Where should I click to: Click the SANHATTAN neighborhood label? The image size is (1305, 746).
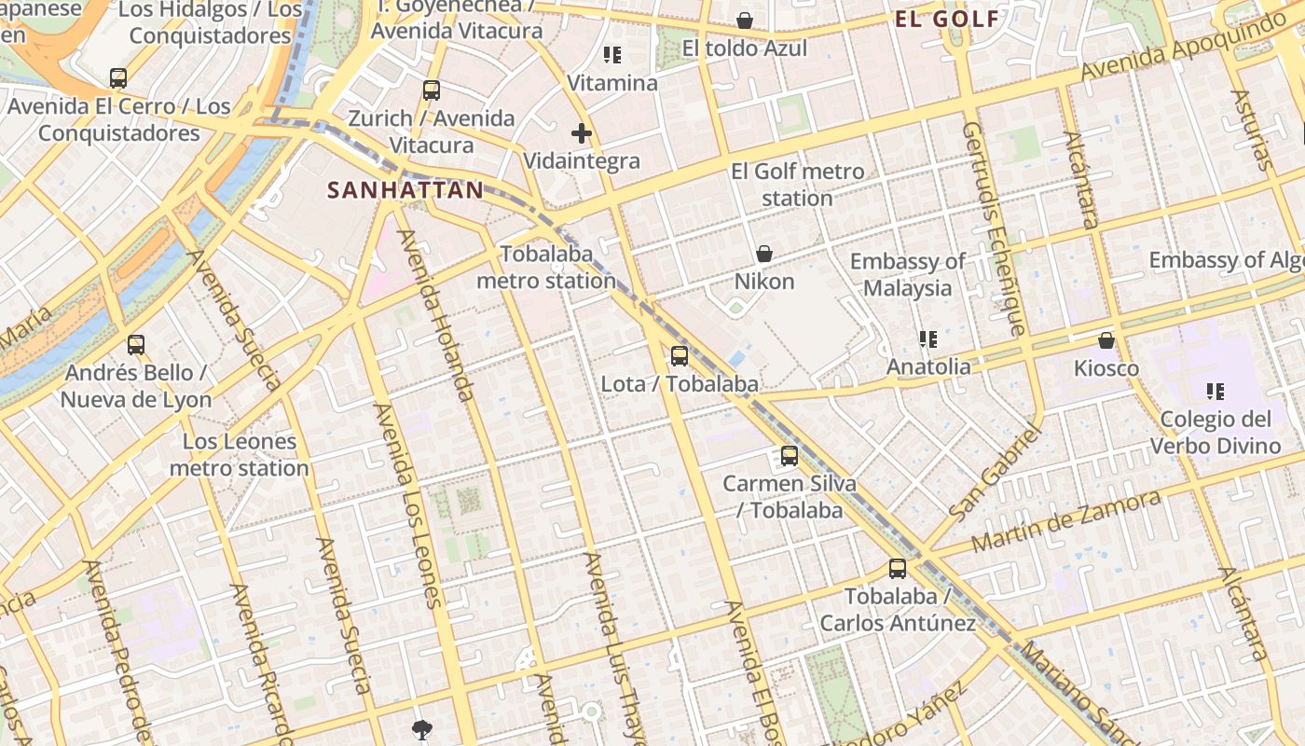click(x=405, y=191)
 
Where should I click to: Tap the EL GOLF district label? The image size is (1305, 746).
click(x=947, y=20)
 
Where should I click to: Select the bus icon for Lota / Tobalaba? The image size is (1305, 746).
click(x=680, y=355)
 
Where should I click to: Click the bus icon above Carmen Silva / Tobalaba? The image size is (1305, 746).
click(x=790, y=456)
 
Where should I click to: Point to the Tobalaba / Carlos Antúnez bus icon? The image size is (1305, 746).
click(x=898, y=568)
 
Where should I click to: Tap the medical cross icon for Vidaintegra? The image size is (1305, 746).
click(x=582, y=133)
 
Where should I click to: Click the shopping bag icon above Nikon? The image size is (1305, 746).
click(x=764, y=254)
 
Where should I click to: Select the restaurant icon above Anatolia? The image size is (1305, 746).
click(x=927, y=339)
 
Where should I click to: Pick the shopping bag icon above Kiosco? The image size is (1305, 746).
click(x=1106, y=340)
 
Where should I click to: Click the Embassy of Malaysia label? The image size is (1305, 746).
click(x=908, y=274)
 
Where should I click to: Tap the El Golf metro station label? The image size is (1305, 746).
click(x=797, y=185)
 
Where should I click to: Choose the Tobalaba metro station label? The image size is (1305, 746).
click(x=546, y=267)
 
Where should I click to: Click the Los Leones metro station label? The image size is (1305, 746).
click(x=239, y=455)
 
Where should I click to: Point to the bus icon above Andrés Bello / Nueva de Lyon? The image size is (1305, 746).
click(x=136, y=345)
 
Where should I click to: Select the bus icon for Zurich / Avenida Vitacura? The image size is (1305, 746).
click(x=432, y=90)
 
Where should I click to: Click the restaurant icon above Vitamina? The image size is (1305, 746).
click(x=612, y=55)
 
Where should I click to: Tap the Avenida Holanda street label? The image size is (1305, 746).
click(x=438, y=315)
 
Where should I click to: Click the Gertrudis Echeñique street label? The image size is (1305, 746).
click(x=995, y=228)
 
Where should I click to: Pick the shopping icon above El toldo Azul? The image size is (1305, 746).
click(x=745, y=21)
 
